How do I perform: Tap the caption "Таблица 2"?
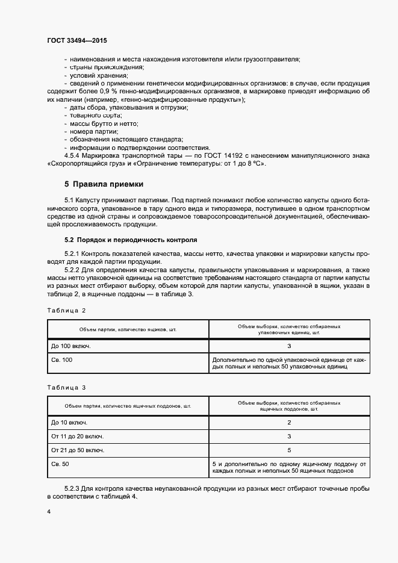pyautogui.click(x=67, y=310)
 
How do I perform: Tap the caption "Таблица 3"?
pyautogui.click(x=67, y=388)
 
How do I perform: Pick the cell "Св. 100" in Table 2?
pyautogui.click(x=62, y=359)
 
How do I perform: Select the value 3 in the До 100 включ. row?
pyautogui.click(x=289, y=346)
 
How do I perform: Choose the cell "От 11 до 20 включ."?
pyautogui.click(x=78, y=436)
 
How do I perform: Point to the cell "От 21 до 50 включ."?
pyautogui.click(x=78, y=450)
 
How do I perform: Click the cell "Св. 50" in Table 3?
pyautogui.click(x=60, y=464)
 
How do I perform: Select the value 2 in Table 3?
pyautogui.click(x=289, y=423)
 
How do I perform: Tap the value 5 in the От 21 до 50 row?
pyautogui.click(x=289, y=450)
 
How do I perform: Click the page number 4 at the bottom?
pyautogui.click(x=49, y=511)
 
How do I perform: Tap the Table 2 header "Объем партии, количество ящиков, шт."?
pyautogui.click(x=128, y=330)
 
